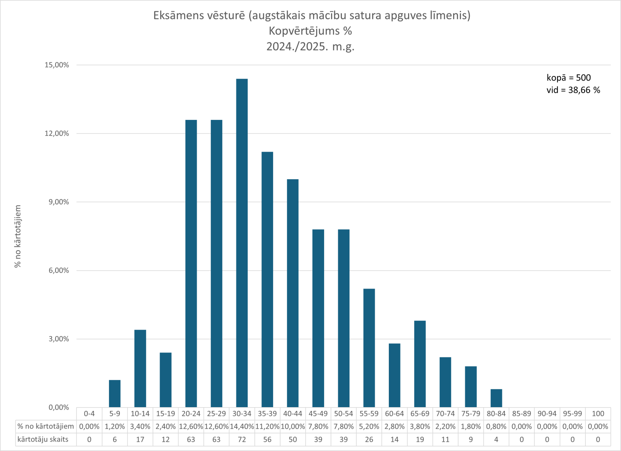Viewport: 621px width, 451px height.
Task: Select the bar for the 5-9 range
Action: click(115, 394)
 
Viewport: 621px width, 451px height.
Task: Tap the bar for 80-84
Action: click(496, 398)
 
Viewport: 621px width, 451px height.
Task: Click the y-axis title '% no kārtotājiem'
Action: click(18, 236)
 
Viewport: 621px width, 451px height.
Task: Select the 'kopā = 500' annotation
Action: click(568, 78)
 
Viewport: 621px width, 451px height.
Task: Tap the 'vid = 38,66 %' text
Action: click(573, 90)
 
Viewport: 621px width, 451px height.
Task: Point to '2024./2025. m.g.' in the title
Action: click(310, 46)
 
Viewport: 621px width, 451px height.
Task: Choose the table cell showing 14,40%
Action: click(242, 427)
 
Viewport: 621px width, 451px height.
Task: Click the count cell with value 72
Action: click(242, 439)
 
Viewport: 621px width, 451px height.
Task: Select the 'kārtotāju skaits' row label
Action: click(43, 439)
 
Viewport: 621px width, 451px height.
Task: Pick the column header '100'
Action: click(598, 414)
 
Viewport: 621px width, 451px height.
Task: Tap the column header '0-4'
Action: click(89, 414)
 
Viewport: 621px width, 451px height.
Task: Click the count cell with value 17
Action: click(140, 439)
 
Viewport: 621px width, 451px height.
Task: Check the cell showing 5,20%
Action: click(369, 427)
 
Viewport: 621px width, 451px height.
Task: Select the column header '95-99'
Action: click(572, 414)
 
